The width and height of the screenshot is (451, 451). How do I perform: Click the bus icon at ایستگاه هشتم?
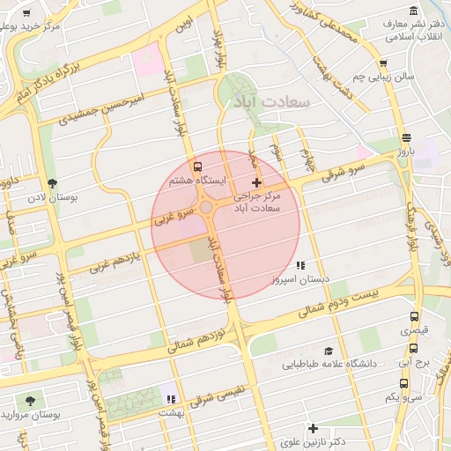(196, 166)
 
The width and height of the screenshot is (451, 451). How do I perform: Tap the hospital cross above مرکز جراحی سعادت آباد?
(256, 182)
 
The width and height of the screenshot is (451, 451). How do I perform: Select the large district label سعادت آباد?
(269, 102)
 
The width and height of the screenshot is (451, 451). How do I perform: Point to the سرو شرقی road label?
(324, 175)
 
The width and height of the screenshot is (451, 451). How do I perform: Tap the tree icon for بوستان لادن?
(54, 183)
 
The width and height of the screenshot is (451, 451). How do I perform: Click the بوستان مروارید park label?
(30, 414)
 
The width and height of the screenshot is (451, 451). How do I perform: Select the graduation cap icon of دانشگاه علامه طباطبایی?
(328, 350)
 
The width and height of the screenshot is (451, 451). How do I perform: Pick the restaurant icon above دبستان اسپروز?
(299, 264)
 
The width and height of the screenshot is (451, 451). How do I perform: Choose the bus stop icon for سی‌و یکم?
(403, 384)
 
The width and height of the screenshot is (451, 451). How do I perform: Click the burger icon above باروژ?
(405, 137)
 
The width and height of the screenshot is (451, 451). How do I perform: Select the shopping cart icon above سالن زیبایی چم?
(382, 63)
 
